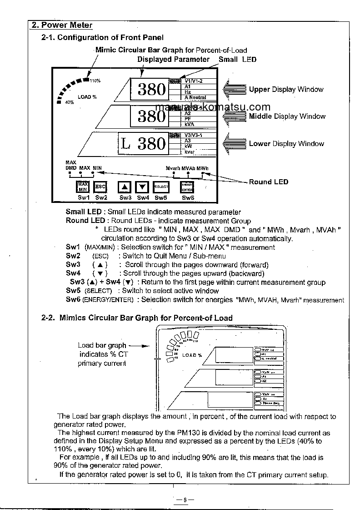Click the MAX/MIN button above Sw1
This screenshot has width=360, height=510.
[x=83, y=187]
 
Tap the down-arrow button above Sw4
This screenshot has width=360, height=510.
[x=143, y=187]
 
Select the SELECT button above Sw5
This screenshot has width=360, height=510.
[x=161, y=187]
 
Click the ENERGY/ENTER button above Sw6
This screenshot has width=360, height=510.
[x=187, y=187]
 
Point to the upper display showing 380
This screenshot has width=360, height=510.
[x=151, y=89]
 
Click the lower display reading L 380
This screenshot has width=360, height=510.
[x=143, y=144]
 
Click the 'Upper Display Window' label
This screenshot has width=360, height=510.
[x=286, y=90]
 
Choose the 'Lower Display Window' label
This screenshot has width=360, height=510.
[x=286, y=144]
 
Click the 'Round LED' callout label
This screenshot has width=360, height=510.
[x=268, y=182]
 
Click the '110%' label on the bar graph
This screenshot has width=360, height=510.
[x=95, y=81]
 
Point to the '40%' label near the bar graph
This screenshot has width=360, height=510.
[x=69, y=102]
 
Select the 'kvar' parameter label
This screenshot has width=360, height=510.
[x=190, y=151]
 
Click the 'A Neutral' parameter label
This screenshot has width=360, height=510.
[x=195, y=97]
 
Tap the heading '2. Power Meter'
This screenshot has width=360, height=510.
[x=62, y=25]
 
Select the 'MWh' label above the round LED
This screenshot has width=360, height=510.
[x=203, y=168]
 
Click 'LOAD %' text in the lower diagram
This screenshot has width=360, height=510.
[x=192, y=355]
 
